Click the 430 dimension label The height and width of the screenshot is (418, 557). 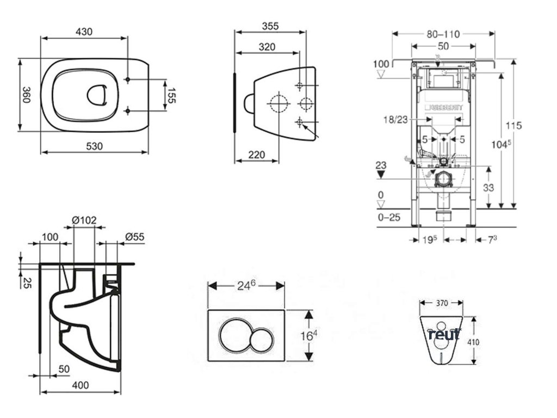83,32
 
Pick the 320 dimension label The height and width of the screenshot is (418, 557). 267,47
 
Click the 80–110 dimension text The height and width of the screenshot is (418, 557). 443,34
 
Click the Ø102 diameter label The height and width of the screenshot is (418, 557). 84,220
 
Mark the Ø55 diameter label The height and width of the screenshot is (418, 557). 134,237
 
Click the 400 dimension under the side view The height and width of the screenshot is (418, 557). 80,385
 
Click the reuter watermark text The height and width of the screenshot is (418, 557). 445,334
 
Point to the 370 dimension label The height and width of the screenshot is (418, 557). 441,303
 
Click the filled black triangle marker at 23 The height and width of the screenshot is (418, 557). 381,173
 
